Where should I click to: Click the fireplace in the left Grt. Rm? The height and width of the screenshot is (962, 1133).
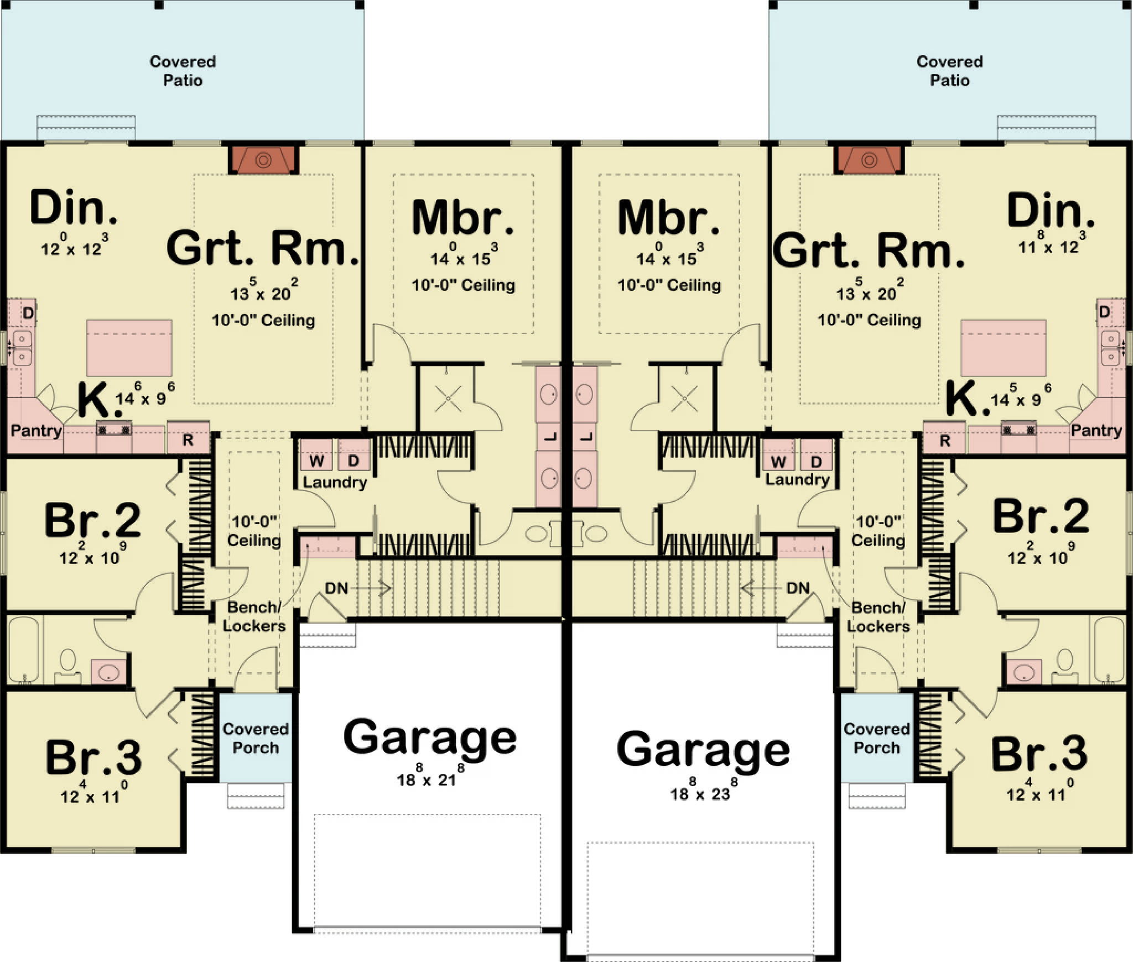click(x=264, y=160)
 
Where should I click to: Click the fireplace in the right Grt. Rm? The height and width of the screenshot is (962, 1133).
click(x=869, y=160)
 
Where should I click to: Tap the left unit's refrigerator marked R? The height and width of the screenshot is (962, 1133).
click(x=188, y=440)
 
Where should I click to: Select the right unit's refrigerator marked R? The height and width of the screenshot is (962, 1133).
click(x=944, y=440)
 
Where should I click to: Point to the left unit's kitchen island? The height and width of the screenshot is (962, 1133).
click(x=129, y=348)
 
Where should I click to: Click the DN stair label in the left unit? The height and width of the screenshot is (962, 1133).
click(x=336, y=588)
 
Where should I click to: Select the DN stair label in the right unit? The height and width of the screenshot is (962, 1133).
click(x=798, y=588)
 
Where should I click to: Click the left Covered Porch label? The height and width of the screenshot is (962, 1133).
click(x=256, y=738)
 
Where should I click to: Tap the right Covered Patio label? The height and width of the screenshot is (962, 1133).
click(x=950, y=71)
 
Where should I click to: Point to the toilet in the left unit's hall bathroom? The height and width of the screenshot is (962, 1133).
click(x=67, y=666)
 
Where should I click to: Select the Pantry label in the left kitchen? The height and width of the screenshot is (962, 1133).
click(x=37, y=430)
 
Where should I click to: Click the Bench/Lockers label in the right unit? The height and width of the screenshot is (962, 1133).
click(x=878, y=616)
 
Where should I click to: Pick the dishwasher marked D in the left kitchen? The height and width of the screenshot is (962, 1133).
click(x=28, y=313)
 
